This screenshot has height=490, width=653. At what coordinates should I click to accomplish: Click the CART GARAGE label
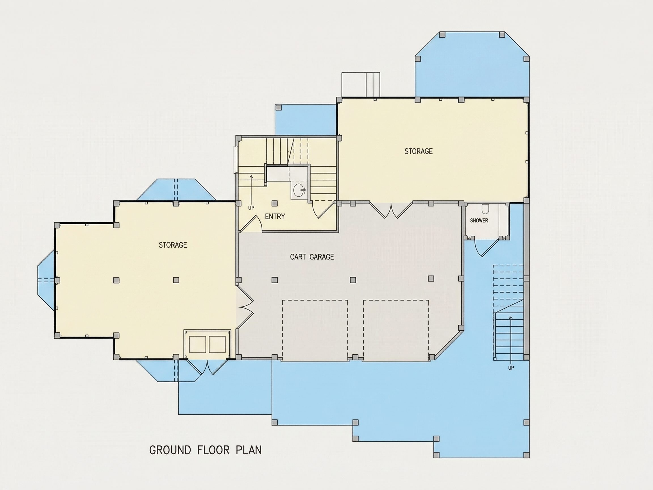(312, 257)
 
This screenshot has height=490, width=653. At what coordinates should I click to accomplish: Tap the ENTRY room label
(275, 216)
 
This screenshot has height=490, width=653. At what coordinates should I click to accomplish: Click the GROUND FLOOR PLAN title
(205, 450)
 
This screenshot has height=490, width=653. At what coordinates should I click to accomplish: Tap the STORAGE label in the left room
(173, 245)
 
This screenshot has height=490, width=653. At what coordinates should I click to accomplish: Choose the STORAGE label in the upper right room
(418, 151)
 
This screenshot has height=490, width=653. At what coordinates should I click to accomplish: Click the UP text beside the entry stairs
(251, 208)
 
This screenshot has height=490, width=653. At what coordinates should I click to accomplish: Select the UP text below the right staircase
(511, 368)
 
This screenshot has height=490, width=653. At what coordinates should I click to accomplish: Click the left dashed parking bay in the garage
(315, 331)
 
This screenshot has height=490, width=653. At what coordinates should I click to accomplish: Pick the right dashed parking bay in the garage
(396, 331)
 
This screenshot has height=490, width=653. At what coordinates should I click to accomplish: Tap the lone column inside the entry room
(275, 203)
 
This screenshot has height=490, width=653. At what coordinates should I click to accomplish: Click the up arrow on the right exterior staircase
(511, 340)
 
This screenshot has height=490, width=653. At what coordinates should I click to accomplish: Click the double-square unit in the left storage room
(207, 344)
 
